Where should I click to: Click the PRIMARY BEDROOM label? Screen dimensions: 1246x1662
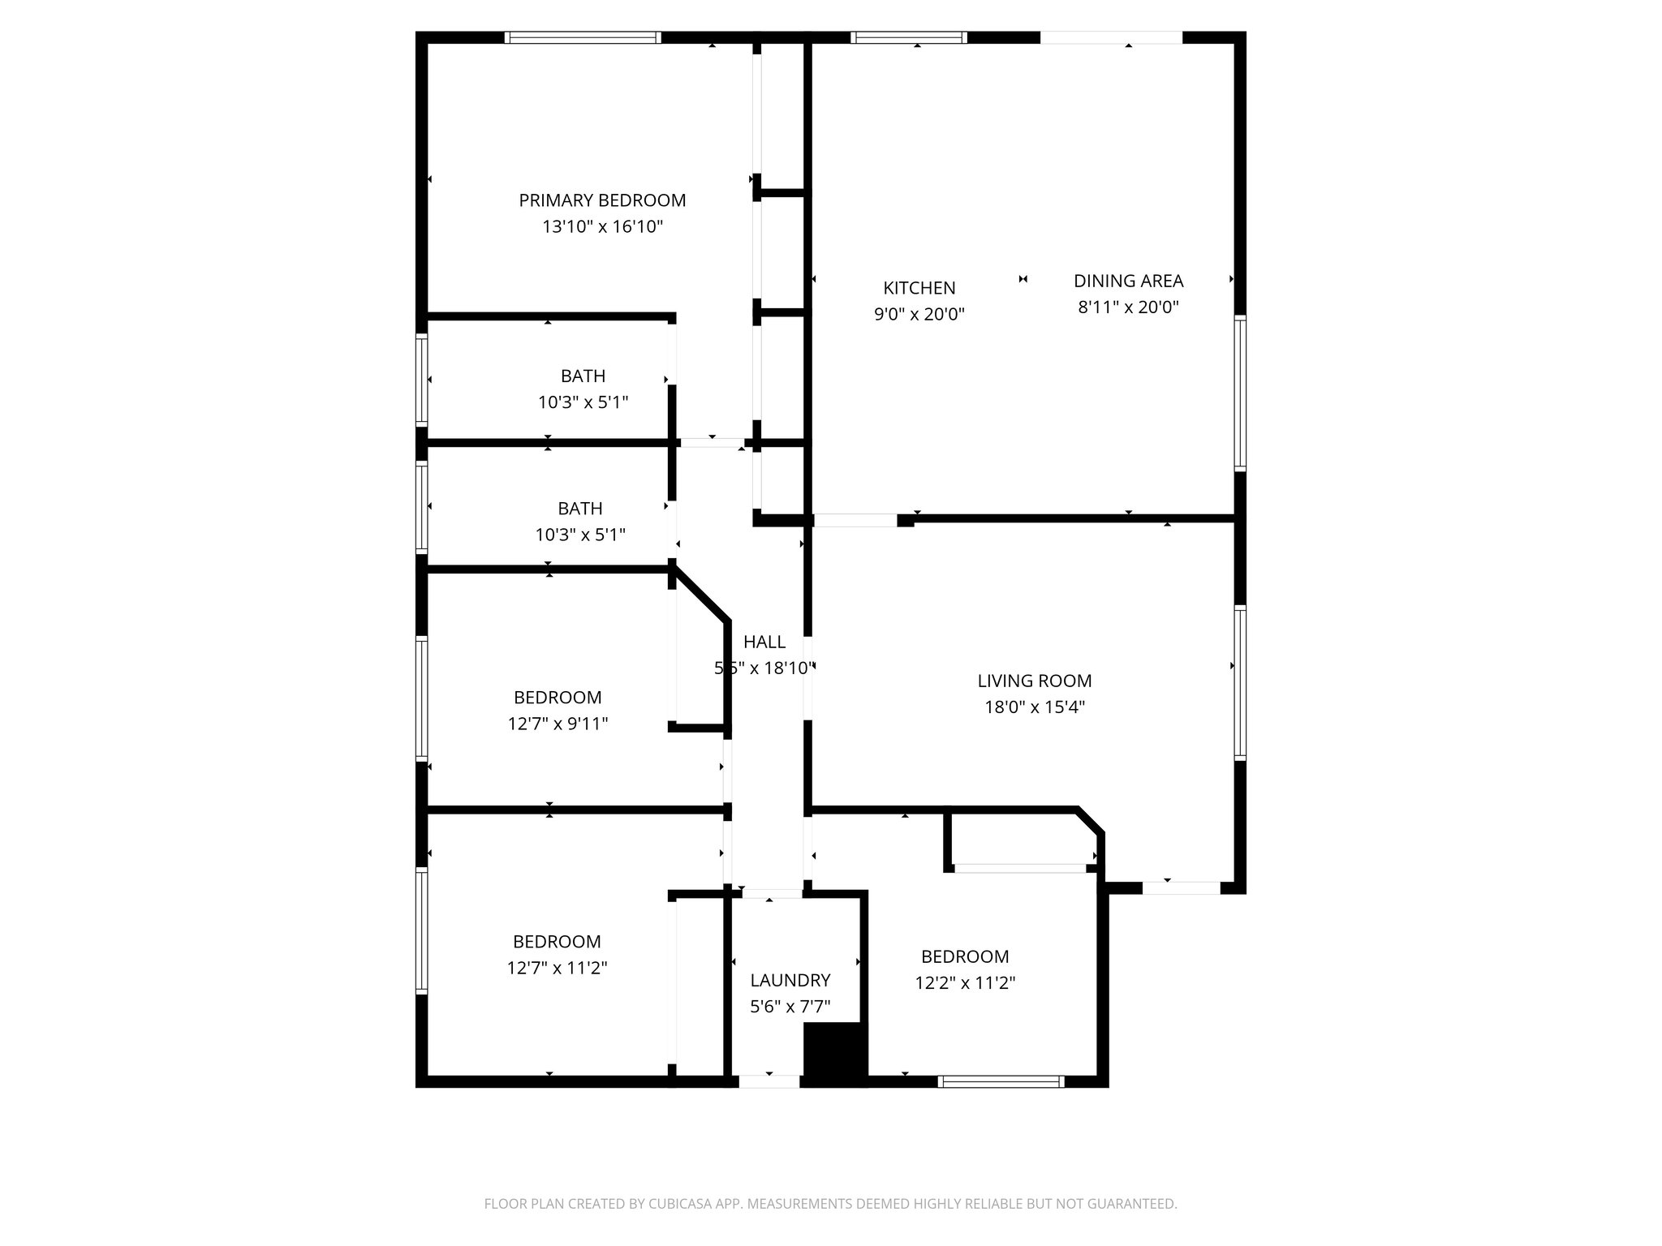coord(602,200)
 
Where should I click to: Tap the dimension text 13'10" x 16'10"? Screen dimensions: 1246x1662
coord(602,226)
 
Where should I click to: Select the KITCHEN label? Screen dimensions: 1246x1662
coord(919,288)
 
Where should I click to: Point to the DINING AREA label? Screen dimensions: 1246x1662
coord(1128,281)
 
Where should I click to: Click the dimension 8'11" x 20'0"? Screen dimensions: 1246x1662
coord(1128,307)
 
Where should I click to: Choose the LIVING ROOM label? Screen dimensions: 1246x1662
coord(1034,681)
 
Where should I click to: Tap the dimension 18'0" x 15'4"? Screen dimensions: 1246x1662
coord(1034,707)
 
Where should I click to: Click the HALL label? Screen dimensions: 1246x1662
coord(764,642)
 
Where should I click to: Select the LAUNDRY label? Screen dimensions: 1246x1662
coord(790,981)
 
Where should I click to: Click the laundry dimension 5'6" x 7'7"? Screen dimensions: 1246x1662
coord(790,1008)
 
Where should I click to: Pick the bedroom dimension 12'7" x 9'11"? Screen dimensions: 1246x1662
coord(558,724)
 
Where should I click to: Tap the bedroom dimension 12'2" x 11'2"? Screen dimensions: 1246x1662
coord(965,983)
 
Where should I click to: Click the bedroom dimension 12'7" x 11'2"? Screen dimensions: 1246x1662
coord(557,968)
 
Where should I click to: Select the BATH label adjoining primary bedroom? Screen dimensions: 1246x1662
coord(583,376)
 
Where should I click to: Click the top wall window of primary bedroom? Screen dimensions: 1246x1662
coord(582,37)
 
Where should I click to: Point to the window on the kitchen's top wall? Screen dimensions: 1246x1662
coord(909,37)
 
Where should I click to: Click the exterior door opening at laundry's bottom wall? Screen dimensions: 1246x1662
coord(769,1081)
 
